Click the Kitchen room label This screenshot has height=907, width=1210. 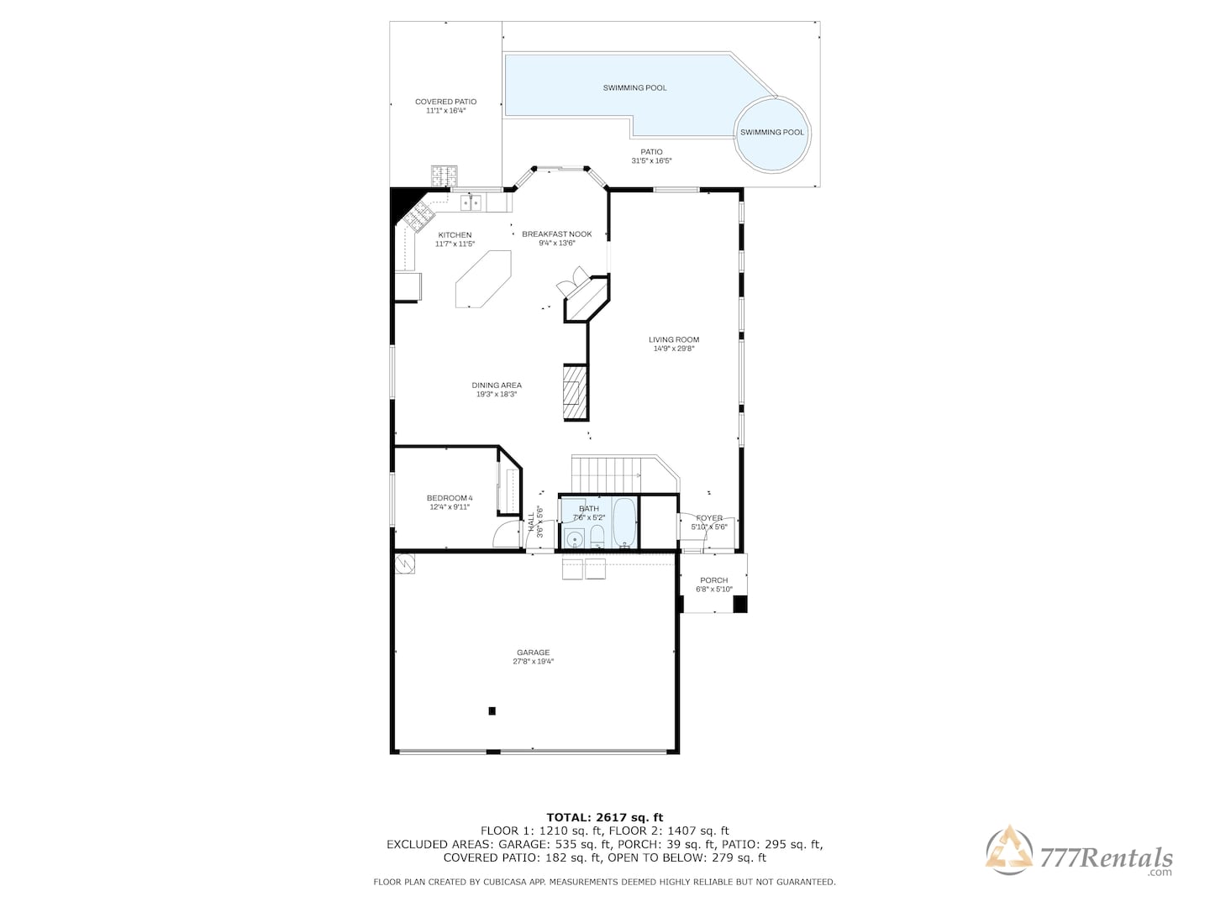click(x=455, y=235)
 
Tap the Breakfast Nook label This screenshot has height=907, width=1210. click(x=557, y=234)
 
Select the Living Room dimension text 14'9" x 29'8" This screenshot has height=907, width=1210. click(x=674, y=349)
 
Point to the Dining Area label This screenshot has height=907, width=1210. click(x=496, y=385)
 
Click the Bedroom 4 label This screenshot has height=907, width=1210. click(x=450, y=498)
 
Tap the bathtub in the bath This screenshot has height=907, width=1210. click(x=624, y=523)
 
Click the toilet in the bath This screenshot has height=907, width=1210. click(x=597, y=537)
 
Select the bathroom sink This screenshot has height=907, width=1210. click(x=574, y=538)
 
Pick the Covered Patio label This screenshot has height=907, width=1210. click(x=445, y=102)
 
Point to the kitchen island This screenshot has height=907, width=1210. click(x=483, y=279)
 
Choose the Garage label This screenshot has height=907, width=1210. click(x=533, y=653)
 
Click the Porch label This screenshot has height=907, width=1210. click(x=714, y=580)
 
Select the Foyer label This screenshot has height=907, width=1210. click(x=709, y=518)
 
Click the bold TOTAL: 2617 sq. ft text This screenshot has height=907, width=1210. click(x=605, y=817)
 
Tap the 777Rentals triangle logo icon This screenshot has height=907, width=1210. click(x=1009, y=850)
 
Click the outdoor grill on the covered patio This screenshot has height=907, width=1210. click(x=445, y=176)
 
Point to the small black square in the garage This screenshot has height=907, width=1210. click(x=492, y=711)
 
